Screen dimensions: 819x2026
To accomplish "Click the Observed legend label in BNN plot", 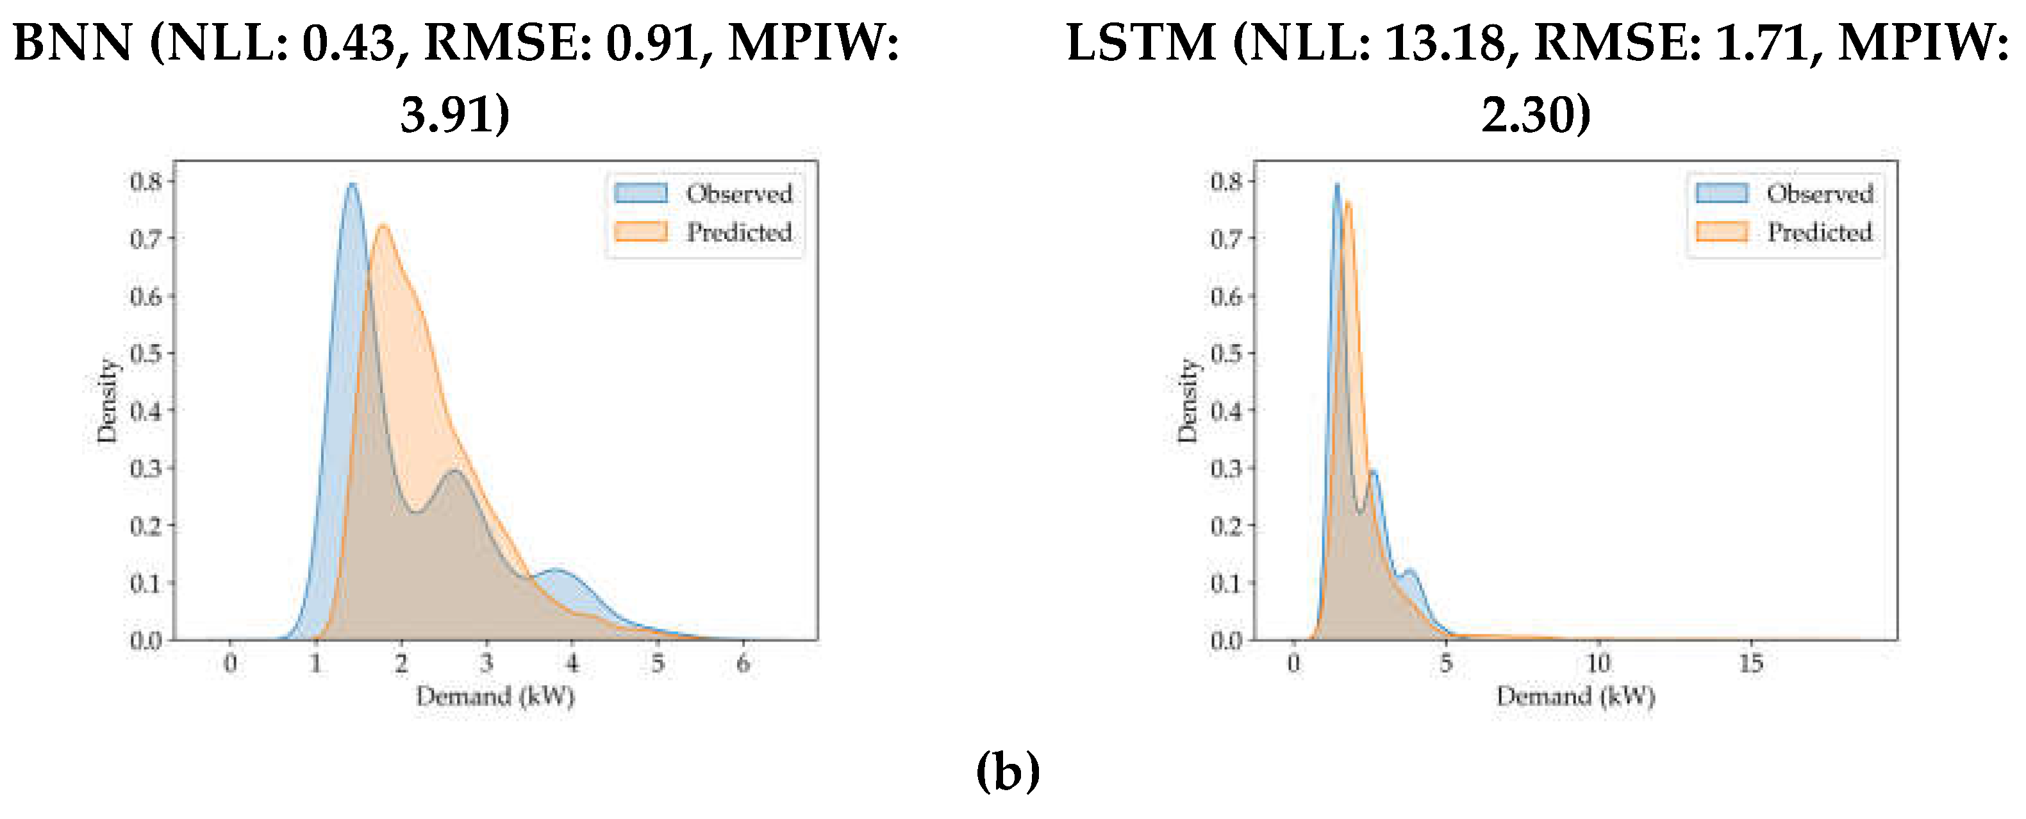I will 738,194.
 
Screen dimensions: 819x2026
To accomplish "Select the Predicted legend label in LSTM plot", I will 1819,232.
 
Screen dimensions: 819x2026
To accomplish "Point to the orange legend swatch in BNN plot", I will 641,232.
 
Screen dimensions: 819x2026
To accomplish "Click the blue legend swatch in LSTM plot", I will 1722,194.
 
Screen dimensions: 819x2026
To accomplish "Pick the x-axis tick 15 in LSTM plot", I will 1751,663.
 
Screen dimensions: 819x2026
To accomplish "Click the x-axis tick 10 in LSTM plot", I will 1597,663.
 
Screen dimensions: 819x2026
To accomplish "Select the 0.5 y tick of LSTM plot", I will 1226,353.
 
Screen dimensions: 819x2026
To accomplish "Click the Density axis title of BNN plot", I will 106,401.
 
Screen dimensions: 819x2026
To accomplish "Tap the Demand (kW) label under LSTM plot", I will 1575,696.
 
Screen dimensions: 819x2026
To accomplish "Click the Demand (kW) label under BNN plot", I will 495,696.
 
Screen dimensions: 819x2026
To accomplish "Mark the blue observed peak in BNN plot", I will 352,186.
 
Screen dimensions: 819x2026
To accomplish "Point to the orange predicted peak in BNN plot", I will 384,227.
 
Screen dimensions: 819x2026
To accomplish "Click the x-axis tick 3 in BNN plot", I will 487,663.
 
